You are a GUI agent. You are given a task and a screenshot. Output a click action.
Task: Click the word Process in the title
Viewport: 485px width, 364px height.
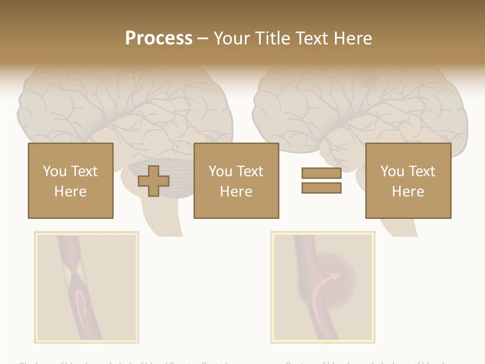(x=159, y=38)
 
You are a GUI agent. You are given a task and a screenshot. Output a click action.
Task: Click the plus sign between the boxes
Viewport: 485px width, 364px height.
(x=154, y=181)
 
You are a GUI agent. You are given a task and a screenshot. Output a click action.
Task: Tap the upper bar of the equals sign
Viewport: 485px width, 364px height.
(x=321, y=173)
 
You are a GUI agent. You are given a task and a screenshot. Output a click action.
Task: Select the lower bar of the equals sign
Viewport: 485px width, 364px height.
(x=321, y=188)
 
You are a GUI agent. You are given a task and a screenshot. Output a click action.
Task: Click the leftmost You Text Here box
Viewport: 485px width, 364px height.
(x=70, y=180)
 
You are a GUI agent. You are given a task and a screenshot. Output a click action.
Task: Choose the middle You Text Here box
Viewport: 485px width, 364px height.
(x=236, y=180)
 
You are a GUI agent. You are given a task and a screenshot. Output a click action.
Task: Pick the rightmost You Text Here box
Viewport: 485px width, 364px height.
(x=408, y=180)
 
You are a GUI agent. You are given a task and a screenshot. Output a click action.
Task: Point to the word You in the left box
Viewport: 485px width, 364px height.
(x=55, y=171)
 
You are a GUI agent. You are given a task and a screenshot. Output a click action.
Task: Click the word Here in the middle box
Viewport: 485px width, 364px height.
(x=236, y=192)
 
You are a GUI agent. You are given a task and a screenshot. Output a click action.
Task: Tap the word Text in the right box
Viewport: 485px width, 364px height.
(x=421, y=171)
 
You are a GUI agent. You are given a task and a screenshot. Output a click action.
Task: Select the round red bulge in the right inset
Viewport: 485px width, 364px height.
(x=336, y=276)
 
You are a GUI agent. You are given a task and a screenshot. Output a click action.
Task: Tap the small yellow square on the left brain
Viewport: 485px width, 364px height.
(x=134, y=78)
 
